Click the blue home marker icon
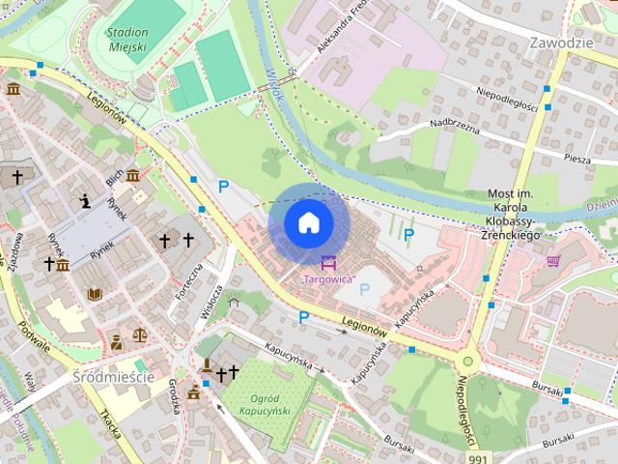(308, 223)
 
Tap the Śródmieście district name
(113, 376)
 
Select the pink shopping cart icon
(553, 260)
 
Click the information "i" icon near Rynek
(86, 201)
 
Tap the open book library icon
(95, 294)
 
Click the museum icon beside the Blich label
(132, 175)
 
